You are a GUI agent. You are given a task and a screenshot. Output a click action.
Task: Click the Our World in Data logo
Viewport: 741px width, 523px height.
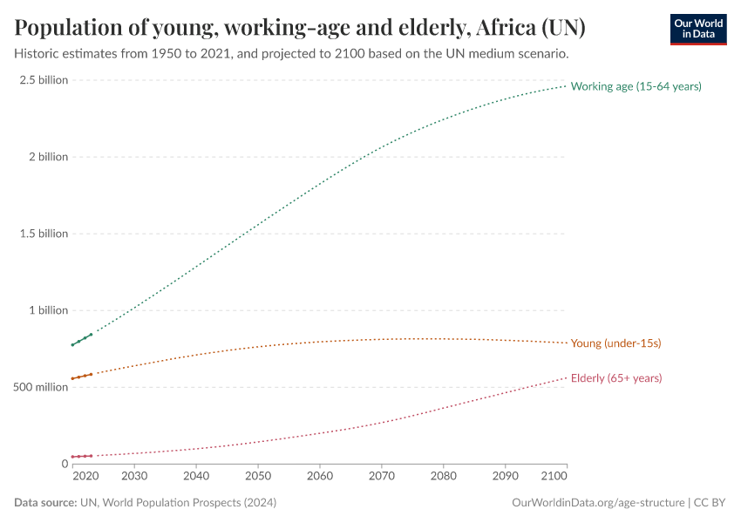697,29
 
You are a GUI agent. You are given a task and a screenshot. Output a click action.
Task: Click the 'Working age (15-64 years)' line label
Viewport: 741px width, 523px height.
636,86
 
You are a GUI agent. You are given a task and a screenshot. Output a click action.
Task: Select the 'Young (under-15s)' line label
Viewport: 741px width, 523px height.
615,343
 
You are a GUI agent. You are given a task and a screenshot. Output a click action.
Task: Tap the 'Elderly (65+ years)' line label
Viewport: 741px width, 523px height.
615,378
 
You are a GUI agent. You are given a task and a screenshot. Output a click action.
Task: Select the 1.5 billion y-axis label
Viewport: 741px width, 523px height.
43,234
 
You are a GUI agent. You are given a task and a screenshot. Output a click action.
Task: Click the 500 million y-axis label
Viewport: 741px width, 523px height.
40,387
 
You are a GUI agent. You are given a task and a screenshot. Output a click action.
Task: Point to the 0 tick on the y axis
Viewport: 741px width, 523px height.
64,464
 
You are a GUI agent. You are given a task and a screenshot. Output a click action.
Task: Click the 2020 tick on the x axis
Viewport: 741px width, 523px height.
85,477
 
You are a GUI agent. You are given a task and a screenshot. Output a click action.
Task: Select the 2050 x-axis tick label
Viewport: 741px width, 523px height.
258,477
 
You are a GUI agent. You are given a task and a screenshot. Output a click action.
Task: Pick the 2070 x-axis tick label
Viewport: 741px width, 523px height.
382,477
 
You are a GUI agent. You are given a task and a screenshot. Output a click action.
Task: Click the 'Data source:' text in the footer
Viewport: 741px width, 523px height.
44,503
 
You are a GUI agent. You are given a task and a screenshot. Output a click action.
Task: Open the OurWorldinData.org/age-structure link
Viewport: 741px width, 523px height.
598,503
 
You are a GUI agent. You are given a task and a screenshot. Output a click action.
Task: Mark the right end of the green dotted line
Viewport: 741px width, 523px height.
566,85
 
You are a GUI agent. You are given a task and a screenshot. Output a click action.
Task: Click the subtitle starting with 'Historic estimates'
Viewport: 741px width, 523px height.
292,54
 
